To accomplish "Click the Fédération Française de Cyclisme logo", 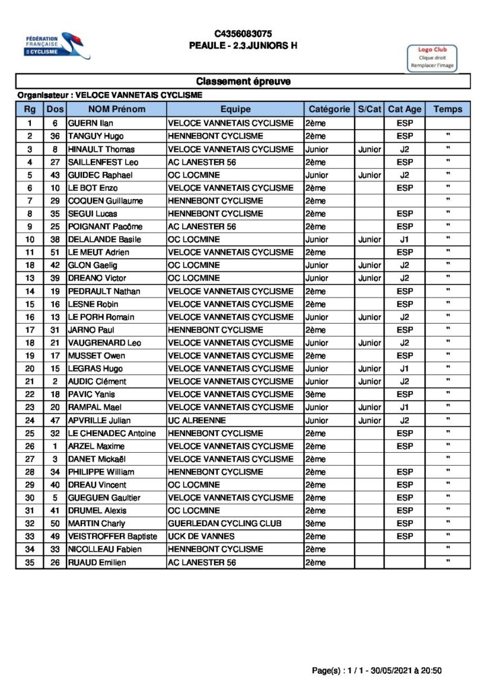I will click(57, 46).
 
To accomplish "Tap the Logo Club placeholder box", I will click(432, 58).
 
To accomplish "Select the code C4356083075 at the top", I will click(243, 34).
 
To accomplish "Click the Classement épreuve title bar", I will click(243, 82).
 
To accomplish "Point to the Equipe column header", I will click(235, 109).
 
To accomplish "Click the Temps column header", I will click(448, 109).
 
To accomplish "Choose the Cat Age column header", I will click(405, 109).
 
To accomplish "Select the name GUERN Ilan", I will click(90, 124).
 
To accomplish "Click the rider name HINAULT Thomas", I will click(101, 149).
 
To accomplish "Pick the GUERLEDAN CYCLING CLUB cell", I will click(225, 523).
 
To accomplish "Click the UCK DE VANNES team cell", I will click(201, 536).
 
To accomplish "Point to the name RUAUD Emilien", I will click(97, 562).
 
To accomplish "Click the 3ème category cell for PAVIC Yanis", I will click(315, 394).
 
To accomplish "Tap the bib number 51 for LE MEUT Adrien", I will click(55, 253).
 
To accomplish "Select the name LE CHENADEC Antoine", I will click(112, 433).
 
